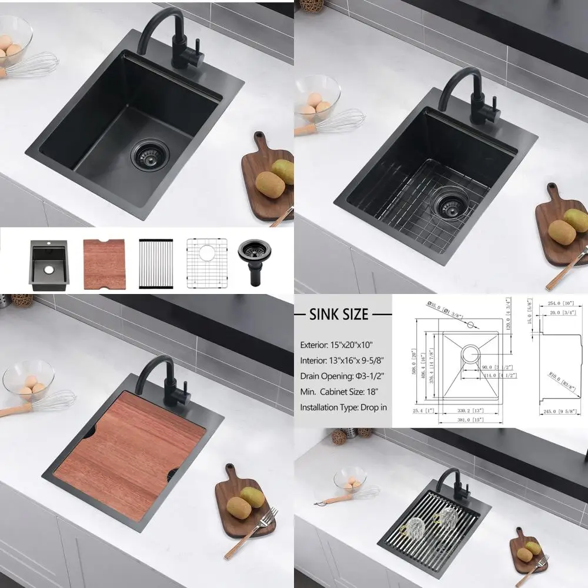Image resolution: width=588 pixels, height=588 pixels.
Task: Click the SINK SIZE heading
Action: pos(338,315)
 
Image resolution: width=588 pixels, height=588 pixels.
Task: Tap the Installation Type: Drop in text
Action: pos(343,407)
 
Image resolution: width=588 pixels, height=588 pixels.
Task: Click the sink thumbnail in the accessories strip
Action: pos(49,265)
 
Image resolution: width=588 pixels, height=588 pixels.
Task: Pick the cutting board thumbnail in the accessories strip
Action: pos(105,264)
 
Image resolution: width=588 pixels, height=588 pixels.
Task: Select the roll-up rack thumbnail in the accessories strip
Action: pos(156,263)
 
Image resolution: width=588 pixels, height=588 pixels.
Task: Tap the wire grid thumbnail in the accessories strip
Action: pos(206,263)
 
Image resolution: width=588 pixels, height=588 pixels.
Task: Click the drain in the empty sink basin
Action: pos(150,155)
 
